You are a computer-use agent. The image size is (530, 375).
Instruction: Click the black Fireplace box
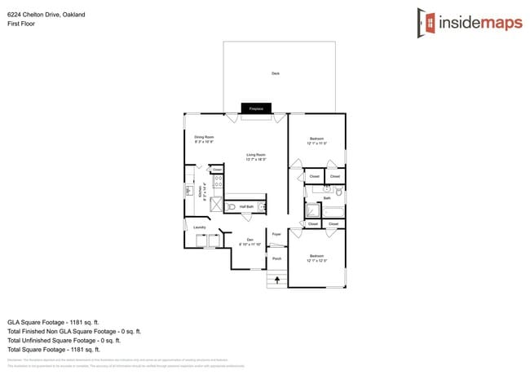(256, 108)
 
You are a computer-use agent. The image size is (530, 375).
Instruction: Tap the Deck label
(276, 73)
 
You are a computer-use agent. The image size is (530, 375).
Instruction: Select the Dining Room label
(204, 136)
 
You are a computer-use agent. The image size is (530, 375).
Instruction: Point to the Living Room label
(257, 154)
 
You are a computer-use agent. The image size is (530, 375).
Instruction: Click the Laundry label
(199, 227)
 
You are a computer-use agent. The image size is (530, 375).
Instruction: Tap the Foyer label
(276, 233)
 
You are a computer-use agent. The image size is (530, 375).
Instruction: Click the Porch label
(276, 258)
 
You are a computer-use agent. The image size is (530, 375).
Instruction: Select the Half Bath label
(246, 207)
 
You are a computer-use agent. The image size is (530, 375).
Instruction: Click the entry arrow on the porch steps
(277, 280)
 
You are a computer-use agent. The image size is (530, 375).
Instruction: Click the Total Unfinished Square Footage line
(74, 341)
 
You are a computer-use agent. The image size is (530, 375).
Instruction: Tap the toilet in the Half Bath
(232, 208)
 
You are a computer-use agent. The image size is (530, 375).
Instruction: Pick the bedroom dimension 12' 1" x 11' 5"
(316, 143)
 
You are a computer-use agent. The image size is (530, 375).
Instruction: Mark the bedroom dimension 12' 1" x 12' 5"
(316, 261)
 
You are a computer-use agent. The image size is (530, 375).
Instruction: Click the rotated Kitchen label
(201, 192)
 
